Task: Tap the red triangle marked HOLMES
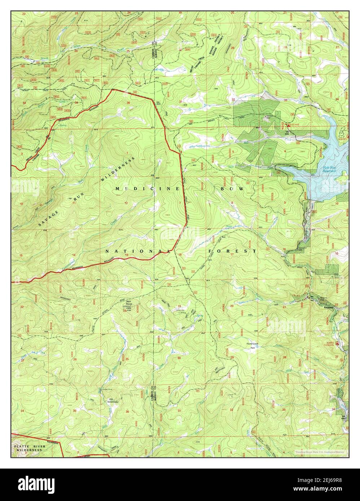288,125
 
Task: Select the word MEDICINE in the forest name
148,189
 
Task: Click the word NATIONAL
137,250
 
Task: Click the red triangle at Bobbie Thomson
337,343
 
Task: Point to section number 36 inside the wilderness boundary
128,103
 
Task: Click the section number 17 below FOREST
232,255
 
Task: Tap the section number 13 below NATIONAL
127,255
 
